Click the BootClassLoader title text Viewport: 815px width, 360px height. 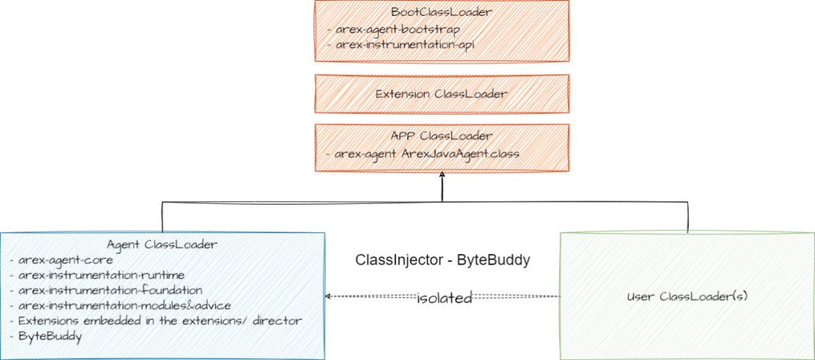(441, 12)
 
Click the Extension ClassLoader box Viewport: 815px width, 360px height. (441, 94)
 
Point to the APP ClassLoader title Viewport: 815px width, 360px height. (441, 136)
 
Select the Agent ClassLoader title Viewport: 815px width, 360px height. (162, 245)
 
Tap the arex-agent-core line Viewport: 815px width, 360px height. (66, 260)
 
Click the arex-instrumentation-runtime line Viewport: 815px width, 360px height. (102, 275)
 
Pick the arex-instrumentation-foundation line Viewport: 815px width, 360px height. (110, 290)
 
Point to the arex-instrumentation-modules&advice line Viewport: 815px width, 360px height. (125, 305)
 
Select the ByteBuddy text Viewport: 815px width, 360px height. (51, 336)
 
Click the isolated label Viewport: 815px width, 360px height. (445, 299)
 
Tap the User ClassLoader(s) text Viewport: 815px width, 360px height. (687, 296)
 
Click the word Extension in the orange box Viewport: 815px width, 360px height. (402, 94)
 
